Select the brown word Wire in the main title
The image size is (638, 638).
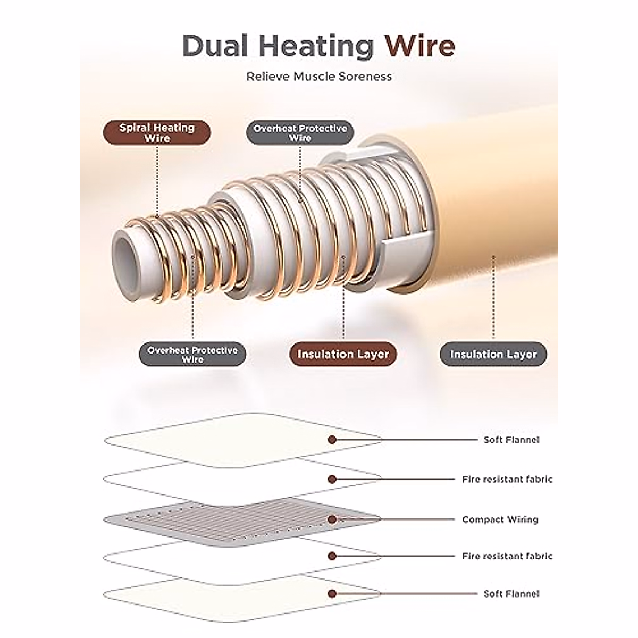pyautogui.click(x=420, y=46)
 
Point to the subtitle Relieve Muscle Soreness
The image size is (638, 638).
pyautogui.click(x=319, y=77)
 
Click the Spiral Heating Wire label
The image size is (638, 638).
pyautogui.click(x=157, y=132)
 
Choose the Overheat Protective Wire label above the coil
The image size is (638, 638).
pyautogui.click(x=300, y=133)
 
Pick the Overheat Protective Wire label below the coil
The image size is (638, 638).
pyautogui.click(x=192, y=355)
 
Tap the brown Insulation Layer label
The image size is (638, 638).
pyautogui.click(x=343, y=354)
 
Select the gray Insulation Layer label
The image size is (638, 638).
pyautogui.click(x=493, y=354)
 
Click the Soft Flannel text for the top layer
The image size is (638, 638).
pyautogui.click(x=511, y=440)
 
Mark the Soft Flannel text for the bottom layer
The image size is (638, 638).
pyautogui.click(x=511, y=593)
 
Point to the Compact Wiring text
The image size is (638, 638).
pyautogui.click(x=500, y=519)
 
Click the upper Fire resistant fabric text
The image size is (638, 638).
pyautogui.click(x=507, y=479)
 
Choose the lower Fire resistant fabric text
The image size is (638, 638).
pyautogui.click(x=507, y=556)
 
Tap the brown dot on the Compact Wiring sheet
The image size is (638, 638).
pyautogui.click(x=332, y=519)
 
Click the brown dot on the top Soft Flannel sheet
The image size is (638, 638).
pyautogui.click(x=332, y=440)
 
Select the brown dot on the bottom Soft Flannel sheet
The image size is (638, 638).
pyautogui.click(x=332, y=593)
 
